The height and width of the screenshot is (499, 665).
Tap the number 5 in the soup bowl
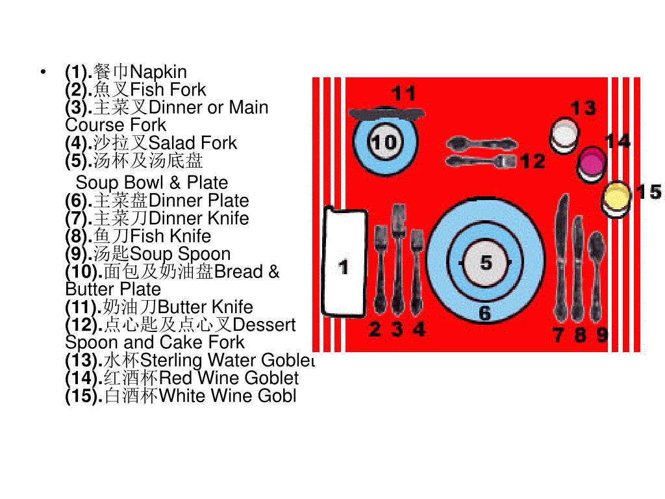(x=486, y=263)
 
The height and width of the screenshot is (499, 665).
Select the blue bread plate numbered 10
(x=384, y=142)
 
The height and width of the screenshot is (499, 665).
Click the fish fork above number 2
(x=380, y=266)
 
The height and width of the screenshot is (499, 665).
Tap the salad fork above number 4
(x=417, y=266)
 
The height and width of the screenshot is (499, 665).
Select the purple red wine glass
(x=591, y=162)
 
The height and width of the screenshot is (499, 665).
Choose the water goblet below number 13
(x=564, y=135)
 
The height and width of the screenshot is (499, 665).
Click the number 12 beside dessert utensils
(x=533, y=161)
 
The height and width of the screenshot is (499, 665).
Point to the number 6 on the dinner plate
(x=485, y=314)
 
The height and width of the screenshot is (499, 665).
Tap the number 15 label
(x=648, y=192)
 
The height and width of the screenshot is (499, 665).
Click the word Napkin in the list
(x=158, y=71)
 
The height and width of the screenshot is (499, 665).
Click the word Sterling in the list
(x=171, y=361)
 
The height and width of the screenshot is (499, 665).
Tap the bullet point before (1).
(x=44, y=71)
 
